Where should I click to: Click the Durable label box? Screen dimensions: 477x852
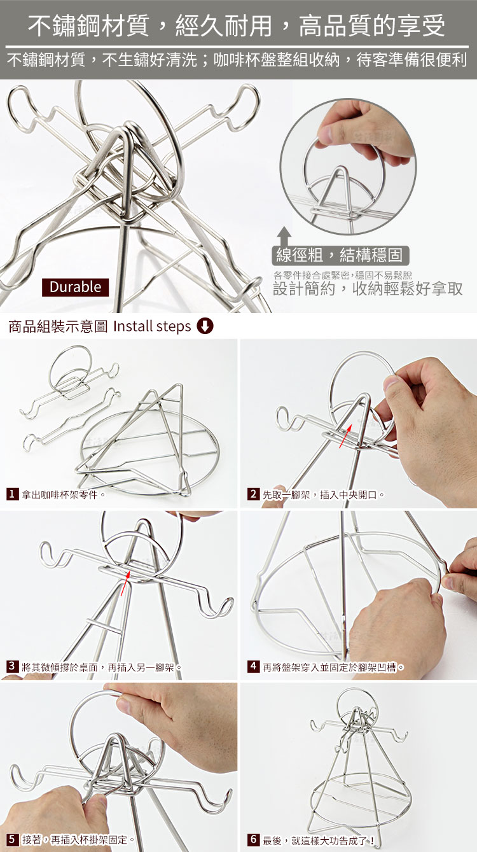[x=75, y=287]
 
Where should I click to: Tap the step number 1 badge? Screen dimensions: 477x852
[x=12, y=494]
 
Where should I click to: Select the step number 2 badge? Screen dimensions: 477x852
[x=253, y=494]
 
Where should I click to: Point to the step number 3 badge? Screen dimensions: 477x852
[x=12, y=666]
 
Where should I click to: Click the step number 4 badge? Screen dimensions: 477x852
[x=253, y=666]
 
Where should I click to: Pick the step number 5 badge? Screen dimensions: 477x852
[x=12, y=839]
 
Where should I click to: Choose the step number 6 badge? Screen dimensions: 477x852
[x=253, y=839]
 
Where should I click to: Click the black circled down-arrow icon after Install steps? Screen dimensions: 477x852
[x=205, y=326]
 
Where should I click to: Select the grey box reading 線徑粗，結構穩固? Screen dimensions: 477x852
[x=340, y=255]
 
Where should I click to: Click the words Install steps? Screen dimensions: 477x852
[x=152, y=326]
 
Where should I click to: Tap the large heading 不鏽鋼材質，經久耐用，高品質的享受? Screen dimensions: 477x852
[x=237, y=26]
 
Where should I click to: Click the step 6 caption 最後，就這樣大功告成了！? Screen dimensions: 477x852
[x=319, y=840]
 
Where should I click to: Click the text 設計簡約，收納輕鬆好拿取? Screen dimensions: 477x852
[x=368, y=289]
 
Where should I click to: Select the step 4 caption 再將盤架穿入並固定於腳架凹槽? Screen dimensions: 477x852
[x=330, y=667]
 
